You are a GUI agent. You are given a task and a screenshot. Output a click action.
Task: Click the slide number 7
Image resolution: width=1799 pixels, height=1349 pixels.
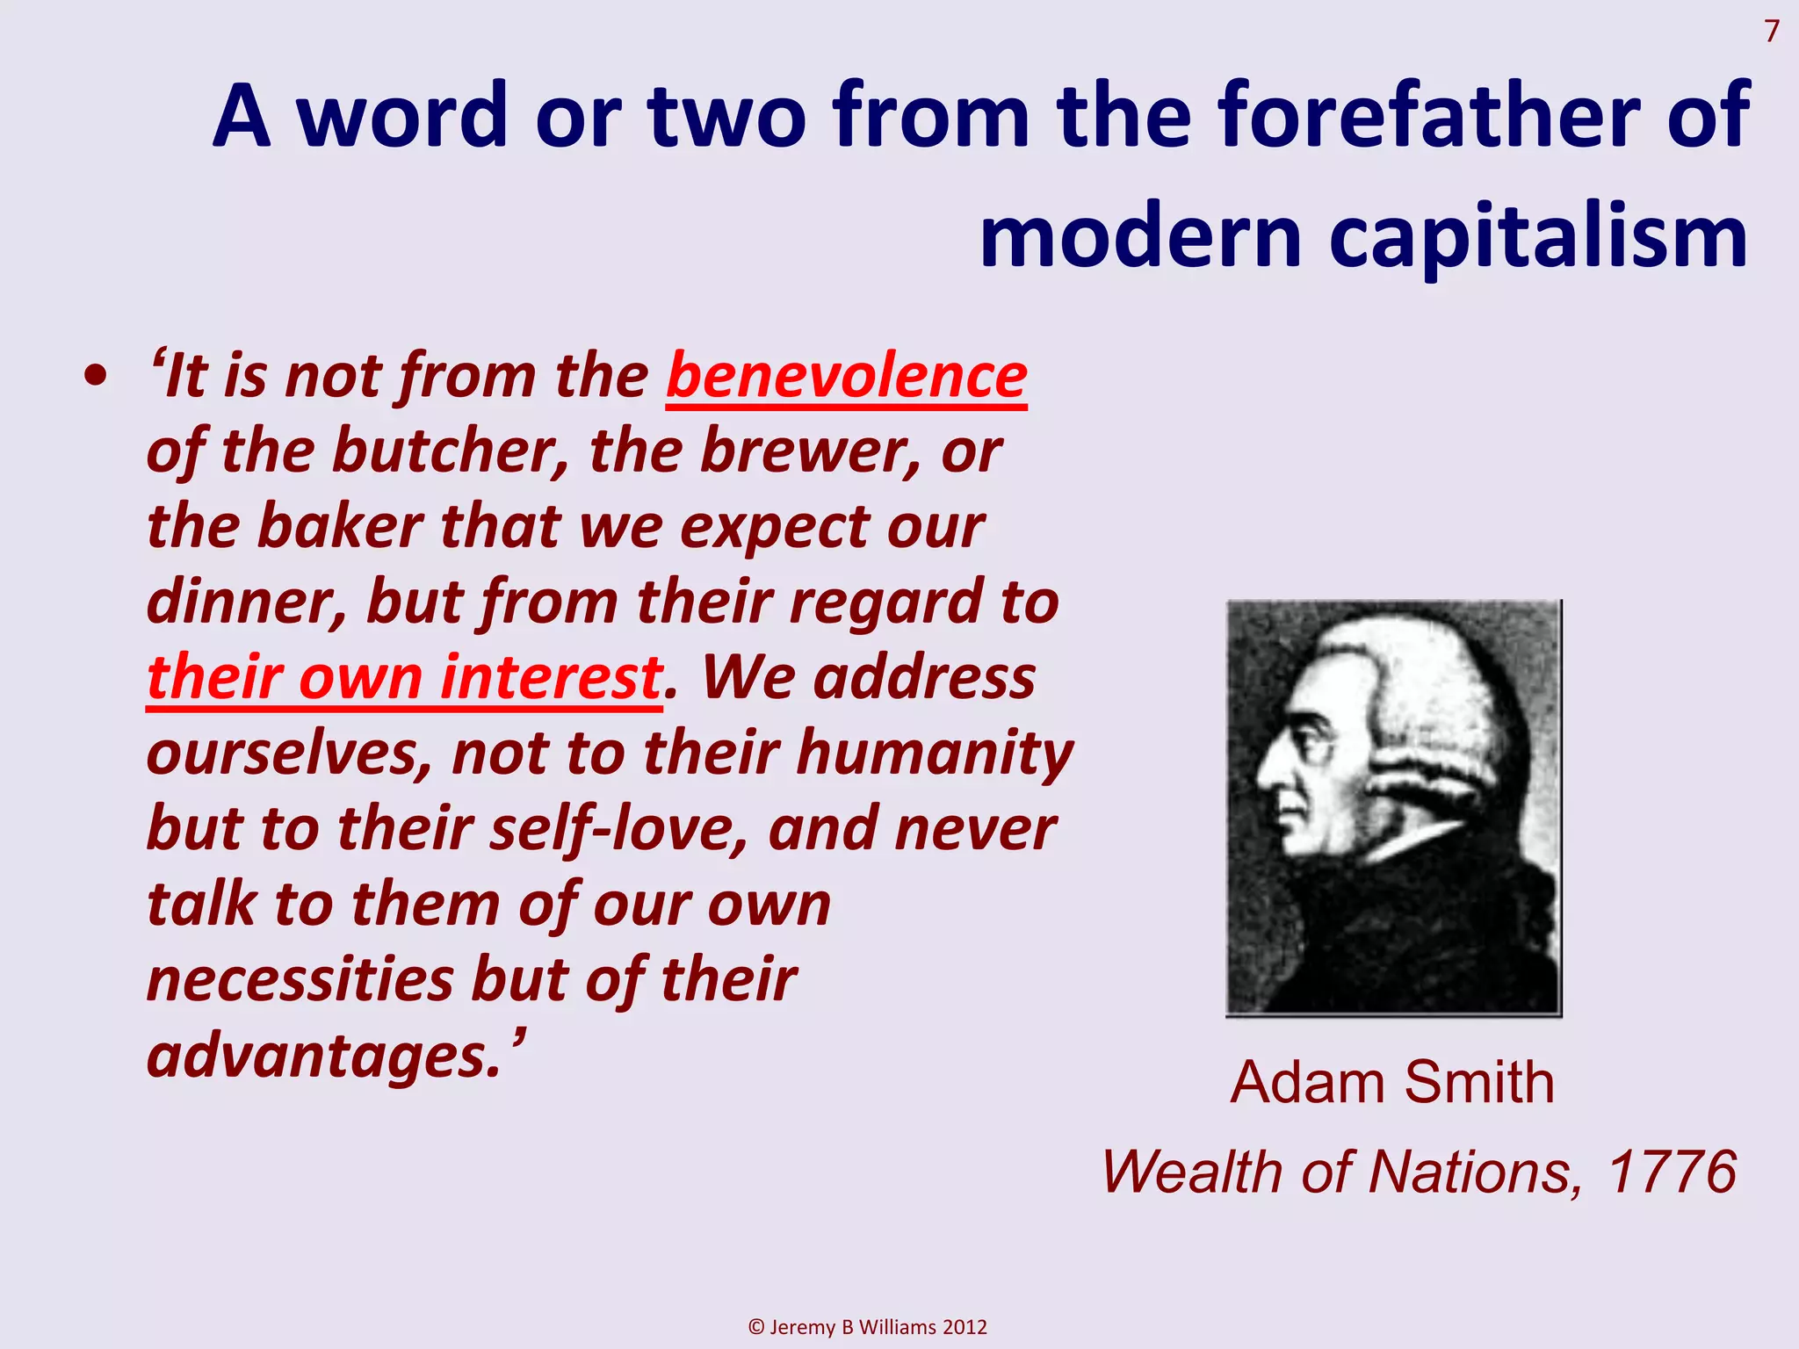point(1772,32)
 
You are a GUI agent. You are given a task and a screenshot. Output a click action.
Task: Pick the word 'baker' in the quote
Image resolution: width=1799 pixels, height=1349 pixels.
point(341,527)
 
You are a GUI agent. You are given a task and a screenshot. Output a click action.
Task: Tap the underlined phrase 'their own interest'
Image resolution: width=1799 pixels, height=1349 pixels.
point(404,678)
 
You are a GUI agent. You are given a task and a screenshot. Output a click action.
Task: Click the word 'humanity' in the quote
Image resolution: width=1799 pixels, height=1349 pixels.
point(935,754)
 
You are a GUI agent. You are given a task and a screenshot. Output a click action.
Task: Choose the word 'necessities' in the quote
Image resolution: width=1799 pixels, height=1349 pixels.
point(299,980)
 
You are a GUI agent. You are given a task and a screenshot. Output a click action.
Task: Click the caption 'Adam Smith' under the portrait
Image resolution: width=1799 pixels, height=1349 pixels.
point(1392,1082)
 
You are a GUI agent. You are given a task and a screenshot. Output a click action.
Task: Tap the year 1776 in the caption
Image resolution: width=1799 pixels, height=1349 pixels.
point(1672,1172)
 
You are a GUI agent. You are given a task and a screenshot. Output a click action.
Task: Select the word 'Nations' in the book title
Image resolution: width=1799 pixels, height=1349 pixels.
point(1474,1172)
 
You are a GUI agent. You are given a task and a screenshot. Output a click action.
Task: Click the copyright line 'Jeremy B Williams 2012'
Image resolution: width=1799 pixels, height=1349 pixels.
point(868,1326)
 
